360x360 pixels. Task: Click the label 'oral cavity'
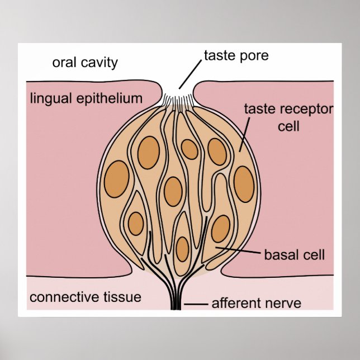85,62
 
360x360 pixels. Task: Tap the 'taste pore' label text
236,56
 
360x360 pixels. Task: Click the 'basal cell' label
294,255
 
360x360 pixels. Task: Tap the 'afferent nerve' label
256,304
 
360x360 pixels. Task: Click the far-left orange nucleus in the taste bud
116,179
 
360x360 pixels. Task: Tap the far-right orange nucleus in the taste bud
244,183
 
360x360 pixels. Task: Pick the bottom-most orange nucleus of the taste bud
182,249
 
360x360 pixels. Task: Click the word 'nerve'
284,304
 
